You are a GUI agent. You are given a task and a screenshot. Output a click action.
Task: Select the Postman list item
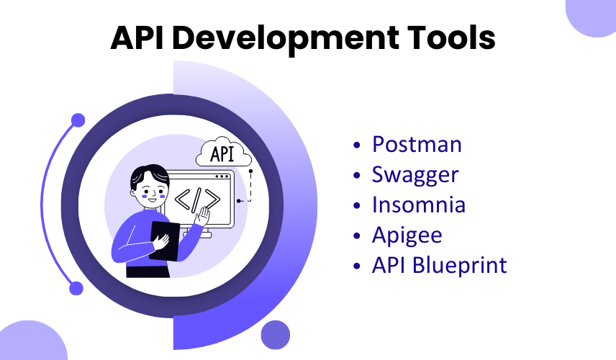(x=417, y=144)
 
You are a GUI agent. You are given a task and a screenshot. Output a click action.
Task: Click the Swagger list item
(x=415, y=175)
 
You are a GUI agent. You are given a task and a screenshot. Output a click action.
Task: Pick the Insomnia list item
(x=419, y=204)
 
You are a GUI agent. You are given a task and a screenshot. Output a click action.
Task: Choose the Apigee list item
(x=407, y=235)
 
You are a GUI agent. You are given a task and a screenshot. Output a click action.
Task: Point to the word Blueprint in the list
(x=460, y=265)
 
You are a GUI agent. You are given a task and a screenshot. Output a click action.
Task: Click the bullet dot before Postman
(x=357, y=145)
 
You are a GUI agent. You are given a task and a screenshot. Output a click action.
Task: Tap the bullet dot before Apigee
(x=357, y=236)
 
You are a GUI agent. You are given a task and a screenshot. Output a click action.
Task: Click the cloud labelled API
(x=224, y=153)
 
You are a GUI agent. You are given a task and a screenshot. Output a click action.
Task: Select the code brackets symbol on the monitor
(x=197, y=199)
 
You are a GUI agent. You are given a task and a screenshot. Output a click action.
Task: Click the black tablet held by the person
(x=164, y=241)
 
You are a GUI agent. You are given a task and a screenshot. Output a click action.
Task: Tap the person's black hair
(x=150, y=175)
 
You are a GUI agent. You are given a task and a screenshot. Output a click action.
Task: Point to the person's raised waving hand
(x=203, y=216)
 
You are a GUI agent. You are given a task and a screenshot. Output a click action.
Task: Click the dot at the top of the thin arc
(x=78, y=120)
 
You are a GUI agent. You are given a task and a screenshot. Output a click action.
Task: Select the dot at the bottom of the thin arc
(x=76, y=289)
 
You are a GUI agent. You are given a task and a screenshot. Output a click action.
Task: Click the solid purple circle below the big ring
(x=276, y=335)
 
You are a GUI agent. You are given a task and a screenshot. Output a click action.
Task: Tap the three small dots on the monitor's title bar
(x=222, y=176)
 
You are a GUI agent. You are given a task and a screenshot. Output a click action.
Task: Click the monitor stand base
(x=198, y=235)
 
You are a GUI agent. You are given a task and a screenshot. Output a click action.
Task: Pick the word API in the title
(x=137, y=37)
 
